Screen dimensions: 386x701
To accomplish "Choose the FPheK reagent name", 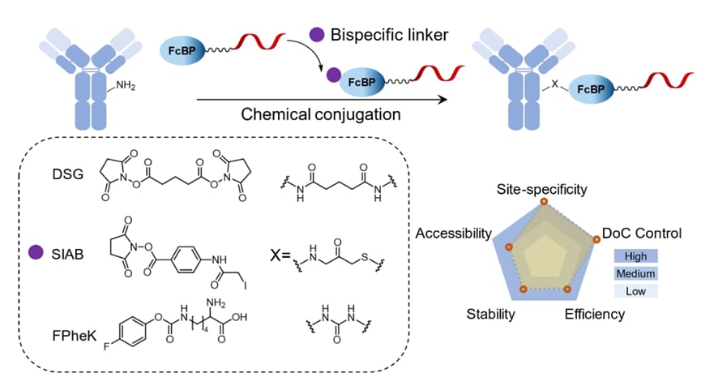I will (71, 332).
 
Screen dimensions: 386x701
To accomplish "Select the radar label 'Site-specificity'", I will (541, 189).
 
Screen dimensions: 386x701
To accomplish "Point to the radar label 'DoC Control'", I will (642, 234).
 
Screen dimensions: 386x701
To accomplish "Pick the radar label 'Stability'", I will (490, 313).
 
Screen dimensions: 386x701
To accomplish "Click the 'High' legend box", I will (635, 256).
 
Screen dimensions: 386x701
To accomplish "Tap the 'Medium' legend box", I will (635, 273).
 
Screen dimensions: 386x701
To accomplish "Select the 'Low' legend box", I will (635, 290).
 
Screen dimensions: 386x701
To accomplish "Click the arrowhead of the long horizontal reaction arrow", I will (444, 100).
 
